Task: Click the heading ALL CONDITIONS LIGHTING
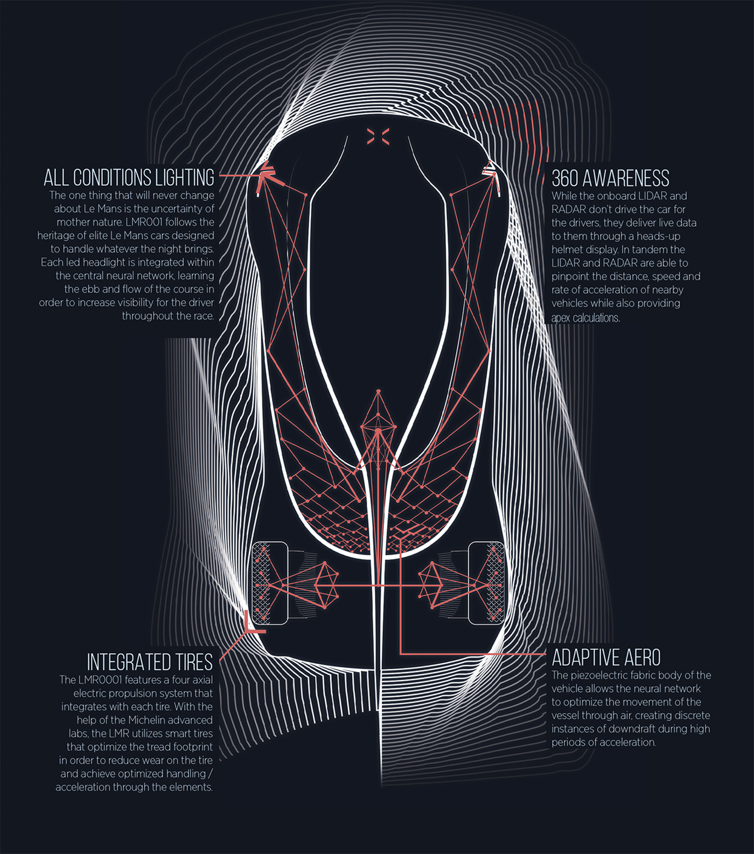tap(129, 177)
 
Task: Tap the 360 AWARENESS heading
tap(610, 178)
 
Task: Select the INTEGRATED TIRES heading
tap(150, 661)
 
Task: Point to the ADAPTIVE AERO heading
tap(606, 657)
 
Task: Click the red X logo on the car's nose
tap(378, 136)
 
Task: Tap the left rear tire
tap(270, 583)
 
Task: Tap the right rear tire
tap(486, 583)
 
